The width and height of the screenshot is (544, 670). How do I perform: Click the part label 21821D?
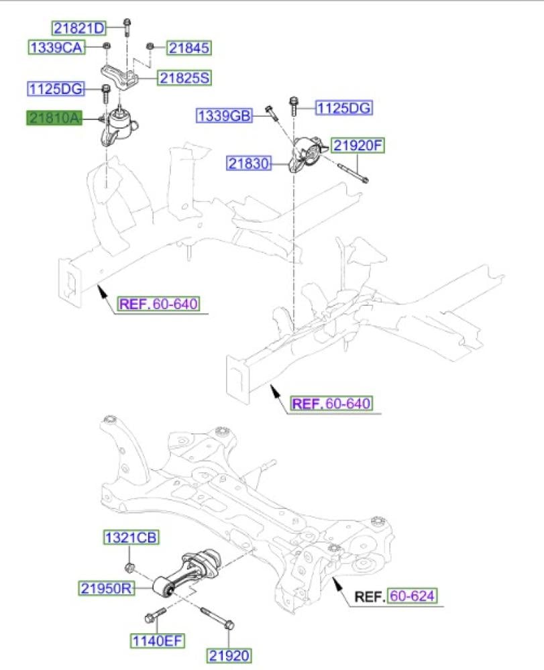(79, 28)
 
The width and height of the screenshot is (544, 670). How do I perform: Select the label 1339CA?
(56, 48)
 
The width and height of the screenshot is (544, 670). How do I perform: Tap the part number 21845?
(189, 48)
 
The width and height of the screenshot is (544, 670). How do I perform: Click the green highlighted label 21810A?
(54, 119)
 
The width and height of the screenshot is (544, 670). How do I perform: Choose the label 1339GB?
(224, 117)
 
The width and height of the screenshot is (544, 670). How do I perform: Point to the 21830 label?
(248, 163)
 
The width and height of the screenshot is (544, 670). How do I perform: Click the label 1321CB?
(131, 538)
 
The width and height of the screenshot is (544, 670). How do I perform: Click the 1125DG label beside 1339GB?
(343, 108)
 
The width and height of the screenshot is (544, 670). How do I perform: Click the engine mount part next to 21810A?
(119, 126)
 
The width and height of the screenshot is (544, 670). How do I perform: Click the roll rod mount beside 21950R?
(189, 574)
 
